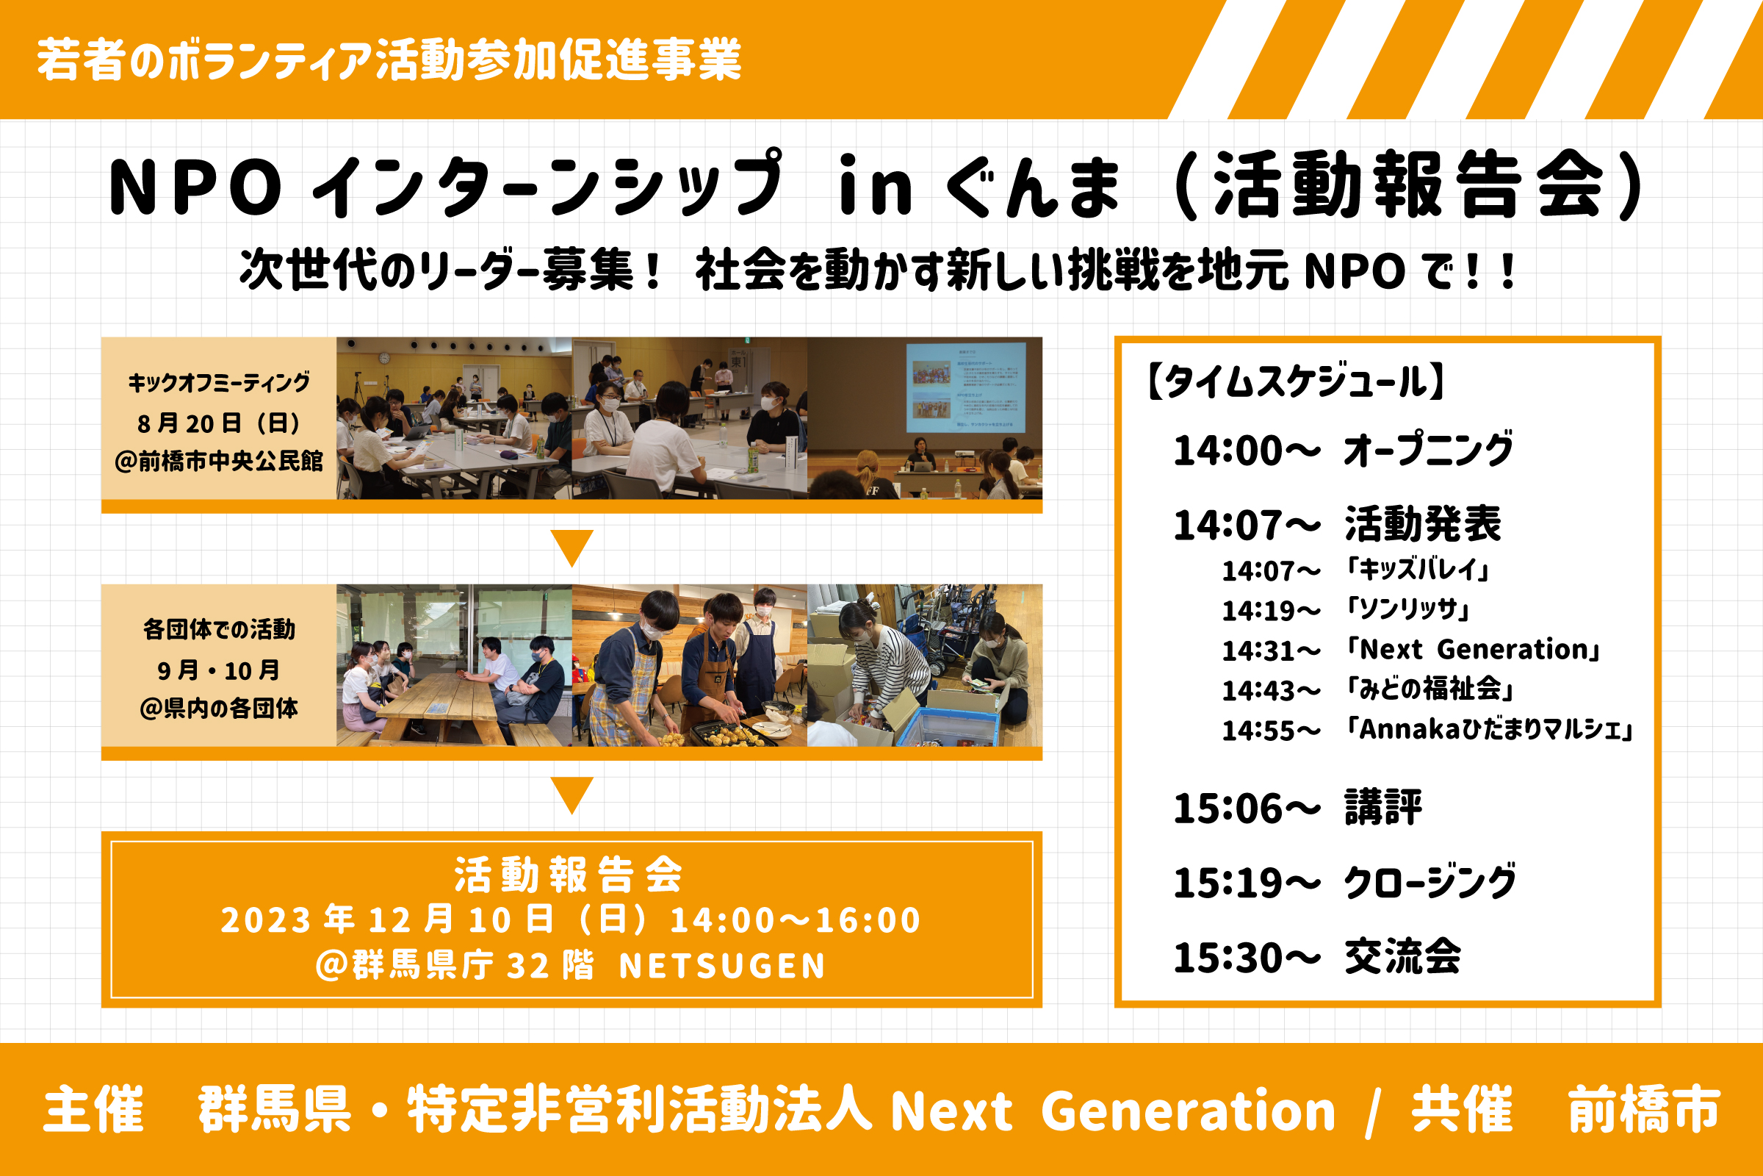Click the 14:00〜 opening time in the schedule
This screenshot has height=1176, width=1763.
click(1247, 451)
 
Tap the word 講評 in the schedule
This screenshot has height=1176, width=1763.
click(1384, 808)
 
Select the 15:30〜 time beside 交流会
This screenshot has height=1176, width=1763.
click(1247, 958)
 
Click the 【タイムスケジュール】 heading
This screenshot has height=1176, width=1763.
click(1296, 381)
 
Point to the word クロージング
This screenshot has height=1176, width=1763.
click(1430, 882)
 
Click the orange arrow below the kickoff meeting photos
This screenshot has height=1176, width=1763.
click(572, 548)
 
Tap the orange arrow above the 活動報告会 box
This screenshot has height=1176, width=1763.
click(572, 796)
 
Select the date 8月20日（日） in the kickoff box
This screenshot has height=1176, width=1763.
click(219, 423)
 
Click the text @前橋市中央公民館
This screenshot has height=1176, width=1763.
click(219, 461)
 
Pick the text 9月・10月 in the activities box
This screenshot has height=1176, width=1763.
click(219, 670)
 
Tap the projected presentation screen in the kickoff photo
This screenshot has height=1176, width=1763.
click(966, 387)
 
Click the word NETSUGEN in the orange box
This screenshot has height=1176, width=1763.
click(722, 966)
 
